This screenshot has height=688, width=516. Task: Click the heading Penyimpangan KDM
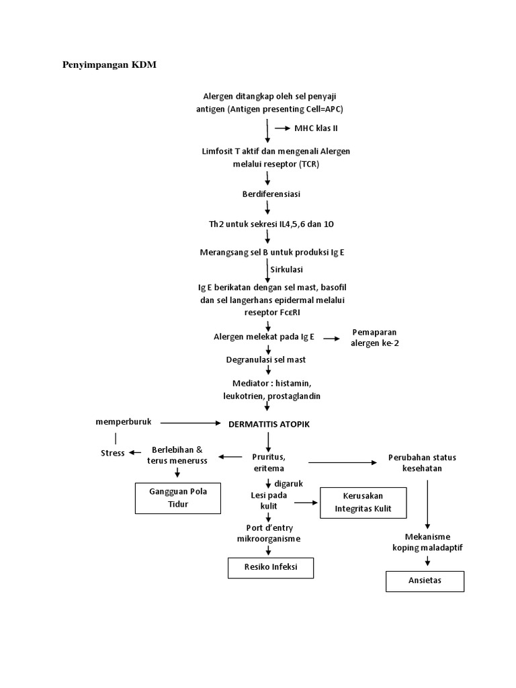[104, 65]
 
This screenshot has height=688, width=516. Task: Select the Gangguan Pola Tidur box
[178, 498]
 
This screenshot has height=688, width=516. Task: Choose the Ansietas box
[425, 580]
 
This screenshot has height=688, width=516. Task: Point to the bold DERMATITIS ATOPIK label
[269, 424]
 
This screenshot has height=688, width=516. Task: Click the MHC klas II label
[315, 128]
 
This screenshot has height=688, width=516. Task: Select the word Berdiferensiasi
[271, 194]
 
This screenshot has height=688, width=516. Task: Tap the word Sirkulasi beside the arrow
[288, 269]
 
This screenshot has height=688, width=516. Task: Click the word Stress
[112, 453]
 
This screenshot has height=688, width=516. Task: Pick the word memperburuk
[124, 421]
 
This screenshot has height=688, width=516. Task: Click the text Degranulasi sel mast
[265, 359]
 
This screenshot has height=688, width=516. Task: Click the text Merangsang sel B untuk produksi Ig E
[272, 252]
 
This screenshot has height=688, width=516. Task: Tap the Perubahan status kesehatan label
[422, 463]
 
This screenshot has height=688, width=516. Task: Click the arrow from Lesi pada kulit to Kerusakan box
[306, 502]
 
